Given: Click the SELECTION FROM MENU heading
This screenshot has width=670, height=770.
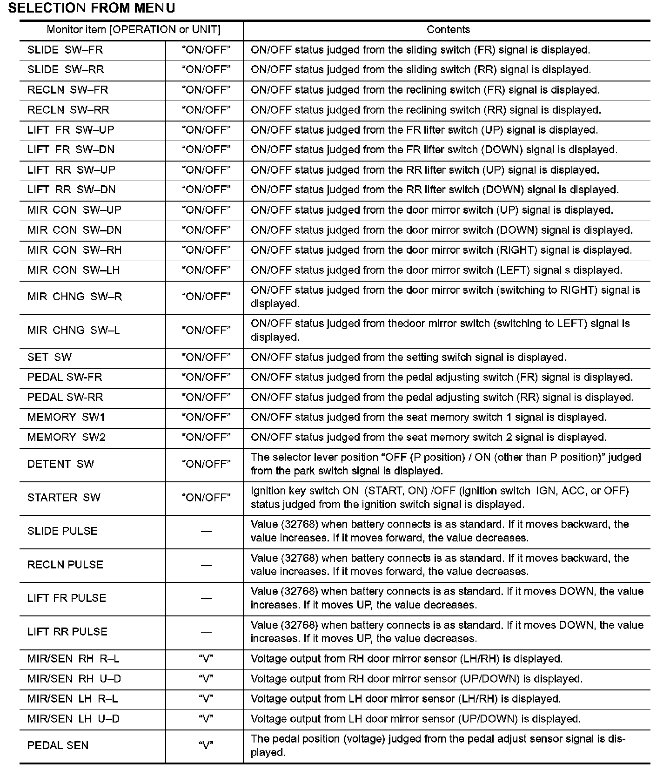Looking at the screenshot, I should coord(92,8).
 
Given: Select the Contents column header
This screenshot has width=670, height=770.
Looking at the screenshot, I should coord(448,30).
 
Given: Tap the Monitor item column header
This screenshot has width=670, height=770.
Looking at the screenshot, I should coord(134,30).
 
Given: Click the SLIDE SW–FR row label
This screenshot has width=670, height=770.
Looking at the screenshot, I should coord(65,50).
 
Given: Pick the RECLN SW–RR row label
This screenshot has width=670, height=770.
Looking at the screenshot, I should coord(68,110).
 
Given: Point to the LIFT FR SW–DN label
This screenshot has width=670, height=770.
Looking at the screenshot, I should coord(71,150).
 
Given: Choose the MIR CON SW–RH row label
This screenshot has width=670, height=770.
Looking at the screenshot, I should coord(74,250).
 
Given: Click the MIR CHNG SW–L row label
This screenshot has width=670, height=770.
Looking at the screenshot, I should coord(74,330).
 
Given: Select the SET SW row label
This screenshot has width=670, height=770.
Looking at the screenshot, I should coord(50,357).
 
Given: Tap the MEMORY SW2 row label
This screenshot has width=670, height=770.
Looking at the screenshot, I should coord(67,437).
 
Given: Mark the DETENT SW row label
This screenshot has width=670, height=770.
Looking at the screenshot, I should coord(60,464).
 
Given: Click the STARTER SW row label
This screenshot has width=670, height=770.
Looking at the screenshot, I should coord(64,498).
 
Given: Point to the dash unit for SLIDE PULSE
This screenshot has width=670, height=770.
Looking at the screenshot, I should coord(206,531).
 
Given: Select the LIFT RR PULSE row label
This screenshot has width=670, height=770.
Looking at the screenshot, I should coord(67,632).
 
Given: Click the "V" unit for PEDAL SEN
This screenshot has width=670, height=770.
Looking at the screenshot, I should coord(206,745).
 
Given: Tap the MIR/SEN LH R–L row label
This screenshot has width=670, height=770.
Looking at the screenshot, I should coord(73,699).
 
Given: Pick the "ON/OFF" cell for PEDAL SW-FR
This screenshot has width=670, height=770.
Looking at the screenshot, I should coord(206,377).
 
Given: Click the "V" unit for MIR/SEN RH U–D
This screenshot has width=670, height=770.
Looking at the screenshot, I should coord(206,679).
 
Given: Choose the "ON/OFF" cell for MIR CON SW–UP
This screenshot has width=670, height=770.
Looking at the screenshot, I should coord(206,210).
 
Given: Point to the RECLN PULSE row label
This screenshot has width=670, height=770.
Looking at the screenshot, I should coord(65,565).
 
